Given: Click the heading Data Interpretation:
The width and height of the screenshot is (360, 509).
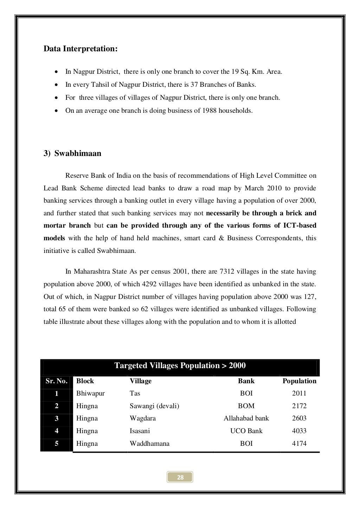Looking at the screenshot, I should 80,49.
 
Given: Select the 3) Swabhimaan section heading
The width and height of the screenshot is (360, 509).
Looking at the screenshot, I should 72,154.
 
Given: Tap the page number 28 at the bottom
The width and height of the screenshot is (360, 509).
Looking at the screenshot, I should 180,477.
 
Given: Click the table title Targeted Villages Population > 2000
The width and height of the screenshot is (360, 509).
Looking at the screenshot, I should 180,366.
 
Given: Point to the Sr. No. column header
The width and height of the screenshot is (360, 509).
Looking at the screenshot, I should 56,381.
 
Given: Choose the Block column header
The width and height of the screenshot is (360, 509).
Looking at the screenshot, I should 85,381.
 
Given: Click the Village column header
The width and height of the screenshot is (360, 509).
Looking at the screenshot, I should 141,381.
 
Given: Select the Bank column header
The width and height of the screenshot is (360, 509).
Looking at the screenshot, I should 246,381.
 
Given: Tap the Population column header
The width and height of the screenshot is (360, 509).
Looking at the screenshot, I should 299,381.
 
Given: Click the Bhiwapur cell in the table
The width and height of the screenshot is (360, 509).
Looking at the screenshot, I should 90,393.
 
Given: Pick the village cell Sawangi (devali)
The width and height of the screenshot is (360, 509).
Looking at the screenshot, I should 154,406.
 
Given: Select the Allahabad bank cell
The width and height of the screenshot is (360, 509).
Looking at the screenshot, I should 246,418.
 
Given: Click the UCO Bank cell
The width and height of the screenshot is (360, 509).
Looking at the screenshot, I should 246,431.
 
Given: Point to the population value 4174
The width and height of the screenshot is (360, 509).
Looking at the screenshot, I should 299,444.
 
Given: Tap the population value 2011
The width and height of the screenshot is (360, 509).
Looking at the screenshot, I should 299,393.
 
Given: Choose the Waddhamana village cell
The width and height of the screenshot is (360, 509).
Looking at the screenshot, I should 149,444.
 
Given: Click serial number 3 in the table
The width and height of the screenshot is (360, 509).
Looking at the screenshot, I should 57,418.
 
